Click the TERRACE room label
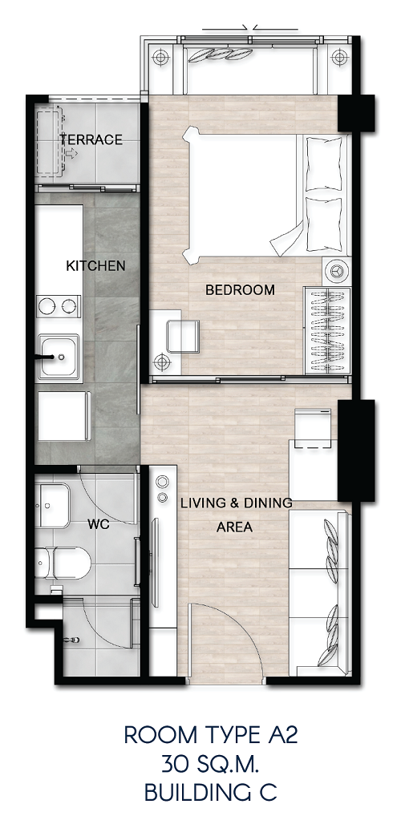click(x=91, y=139)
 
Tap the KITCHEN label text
click(x=95, y=265)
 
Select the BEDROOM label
click(x=240, y=289)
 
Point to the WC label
click(x=99, y=524)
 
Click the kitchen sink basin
click(x=59, y=357)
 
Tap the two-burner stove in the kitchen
click(x=59, y=306)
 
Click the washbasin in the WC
click(x=52, y=506)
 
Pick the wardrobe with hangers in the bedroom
click(x=327, y=330)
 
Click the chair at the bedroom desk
click(x=183, y=337)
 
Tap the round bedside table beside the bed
click(x=336, y=272)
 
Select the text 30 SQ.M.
click(x=210, y=766)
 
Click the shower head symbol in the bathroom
click(x=74, y=640)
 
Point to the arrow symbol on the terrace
click(x=71, y=153)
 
